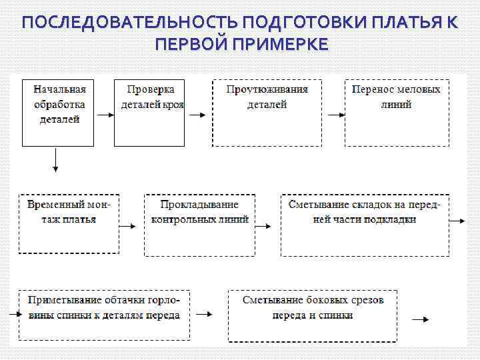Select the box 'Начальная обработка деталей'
[x=59, y=113]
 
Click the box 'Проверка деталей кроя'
[x=149, y=113]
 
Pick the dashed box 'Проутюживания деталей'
[x=267, y=113]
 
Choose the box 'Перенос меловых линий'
[x=396, y=113]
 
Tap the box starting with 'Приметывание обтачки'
[x=104, y=315]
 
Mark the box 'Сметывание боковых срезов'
[x=313, y=315]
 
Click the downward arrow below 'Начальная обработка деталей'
[x=56, y=160]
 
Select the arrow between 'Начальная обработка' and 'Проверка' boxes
[x=104, y=114]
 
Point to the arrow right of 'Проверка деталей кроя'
[x=197, y=114]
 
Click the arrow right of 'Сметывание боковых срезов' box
[x=420, y=319]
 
